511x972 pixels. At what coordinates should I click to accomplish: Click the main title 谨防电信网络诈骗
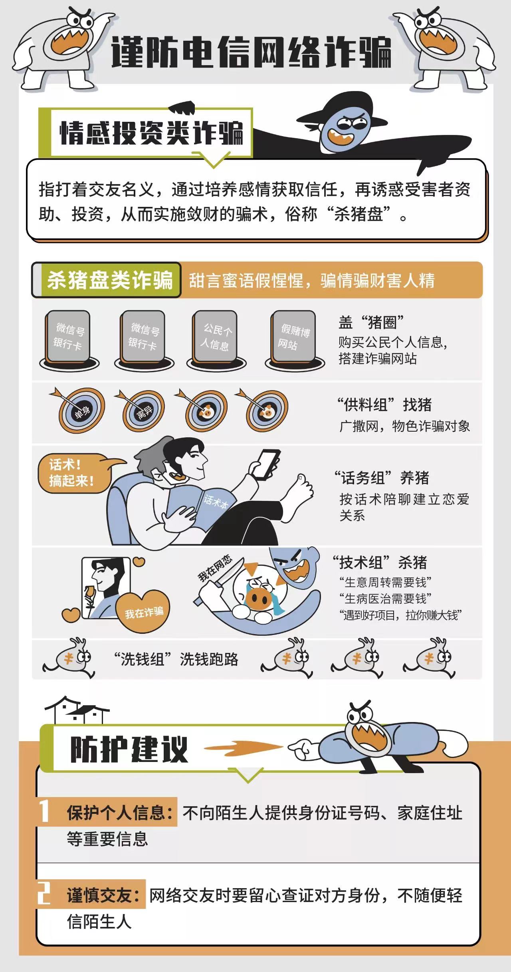(251, 52)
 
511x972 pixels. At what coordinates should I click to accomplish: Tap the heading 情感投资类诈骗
(151, 133)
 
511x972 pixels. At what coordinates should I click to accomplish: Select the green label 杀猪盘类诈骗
(110, 280)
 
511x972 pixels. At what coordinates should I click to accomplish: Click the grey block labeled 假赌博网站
(294, 337)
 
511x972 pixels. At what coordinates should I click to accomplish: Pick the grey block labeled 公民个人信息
(216, 337)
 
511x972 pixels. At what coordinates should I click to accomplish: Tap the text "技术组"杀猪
(380, 563)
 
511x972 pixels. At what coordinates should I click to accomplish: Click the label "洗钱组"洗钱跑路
(176, 659)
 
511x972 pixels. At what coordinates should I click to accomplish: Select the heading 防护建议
(129, 750)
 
